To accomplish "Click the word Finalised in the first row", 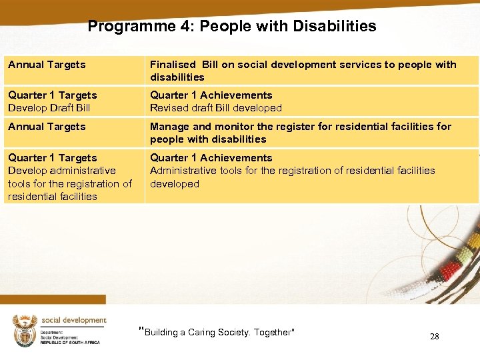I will [173, 65].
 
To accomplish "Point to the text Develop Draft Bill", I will [49, 108].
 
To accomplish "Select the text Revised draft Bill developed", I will [215, 108].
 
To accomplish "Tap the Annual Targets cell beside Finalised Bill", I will [47, 65].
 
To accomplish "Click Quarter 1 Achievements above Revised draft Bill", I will [211, 95].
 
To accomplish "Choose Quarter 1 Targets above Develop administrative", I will [52, 158].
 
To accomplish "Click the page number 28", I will [434, 337].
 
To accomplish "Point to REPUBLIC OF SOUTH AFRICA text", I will [69, 342].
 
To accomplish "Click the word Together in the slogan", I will [272, 333].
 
